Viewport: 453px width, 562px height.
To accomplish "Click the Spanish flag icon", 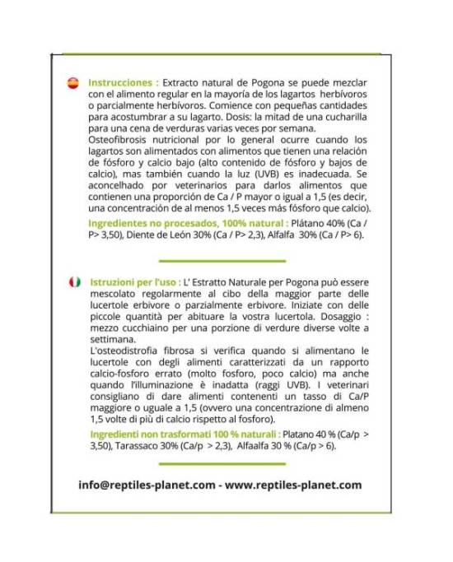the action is coord(72,84).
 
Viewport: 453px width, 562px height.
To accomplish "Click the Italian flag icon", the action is coord(72,281).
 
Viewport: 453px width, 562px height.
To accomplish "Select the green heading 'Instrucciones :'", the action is coord(122,84).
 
